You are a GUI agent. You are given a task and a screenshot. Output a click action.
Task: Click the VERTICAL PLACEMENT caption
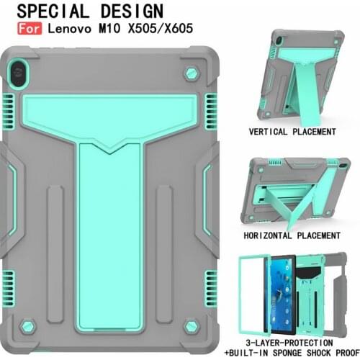292,132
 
